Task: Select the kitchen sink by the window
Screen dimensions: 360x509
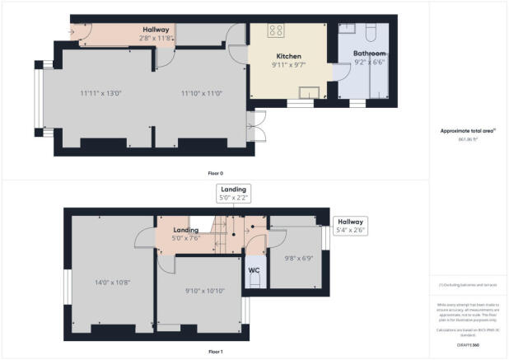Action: pyautogui.click(x=311, y=92)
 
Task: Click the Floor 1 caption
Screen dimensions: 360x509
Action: pyautogui.click(x=215, y=352)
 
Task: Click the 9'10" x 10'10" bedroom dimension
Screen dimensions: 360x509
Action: pyautogui.click(x=198, y=290)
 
